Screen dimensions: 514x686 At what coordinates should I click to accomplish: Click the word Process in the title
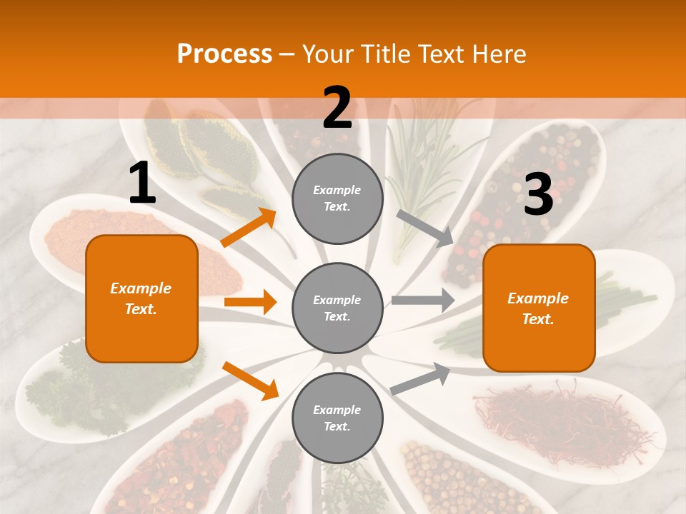tap(224, 54)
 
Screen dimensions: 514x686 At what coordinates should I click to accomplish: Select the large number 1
tap(142, 183)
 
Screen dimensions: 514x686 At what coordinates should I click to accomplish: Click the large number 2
tap(337, 108)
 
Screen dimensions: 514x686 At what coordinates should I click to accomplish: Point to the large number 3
tap(538, 195)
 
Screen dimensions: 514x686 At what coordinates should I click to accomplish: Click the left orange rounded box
tap(141, 298)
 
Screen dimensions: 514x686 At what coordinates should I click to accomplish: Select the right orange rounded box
tap(539, 308)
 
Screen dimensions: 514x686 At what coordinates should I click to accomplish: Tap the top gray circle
tap(337, 198)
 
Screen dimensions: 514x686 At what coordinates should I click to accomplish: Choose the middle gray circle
tap(337, 308)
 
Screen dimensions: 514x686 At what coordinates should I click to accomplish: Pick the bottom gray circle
tap(337, 418)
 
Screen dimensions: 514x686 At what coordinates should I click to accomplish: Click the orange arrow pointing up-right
tap(249, 228)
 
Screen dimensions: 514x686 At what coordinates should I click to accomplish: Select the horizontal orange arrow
tap(250, 302)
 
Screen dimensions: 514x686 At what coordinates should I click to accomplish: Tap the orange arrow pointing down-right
tap(250, 381)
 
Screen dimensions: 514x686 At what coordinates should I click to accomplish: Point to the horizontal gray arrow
tap(422, 300)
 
